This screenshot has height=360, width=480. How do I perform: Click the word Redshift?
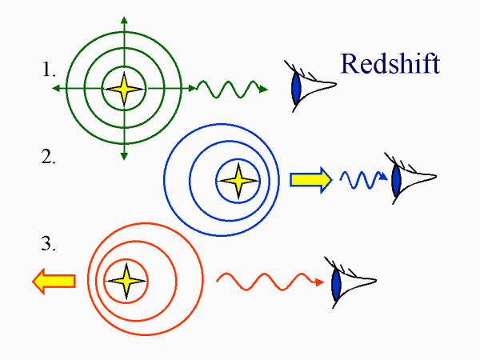(x=390, y=63)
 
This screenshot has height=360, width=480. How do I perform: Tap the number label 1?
(x=49, y=70)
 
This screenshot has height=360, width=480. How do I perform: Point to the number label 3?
(x=49, y=244)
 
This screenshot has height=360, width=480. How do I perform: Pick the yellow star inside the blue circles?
(x=238, y=182)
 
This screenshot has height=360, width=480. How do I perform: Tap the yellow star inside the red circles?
(x=125, y=280)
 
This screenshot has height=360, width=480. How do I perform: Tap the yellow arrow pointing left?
(x=54, y=280)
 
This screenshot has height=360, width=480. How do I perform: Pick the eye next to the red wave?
(x=352, y=281)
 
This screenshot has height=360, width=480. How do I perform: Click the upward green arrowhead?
(x=124, y=18)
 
